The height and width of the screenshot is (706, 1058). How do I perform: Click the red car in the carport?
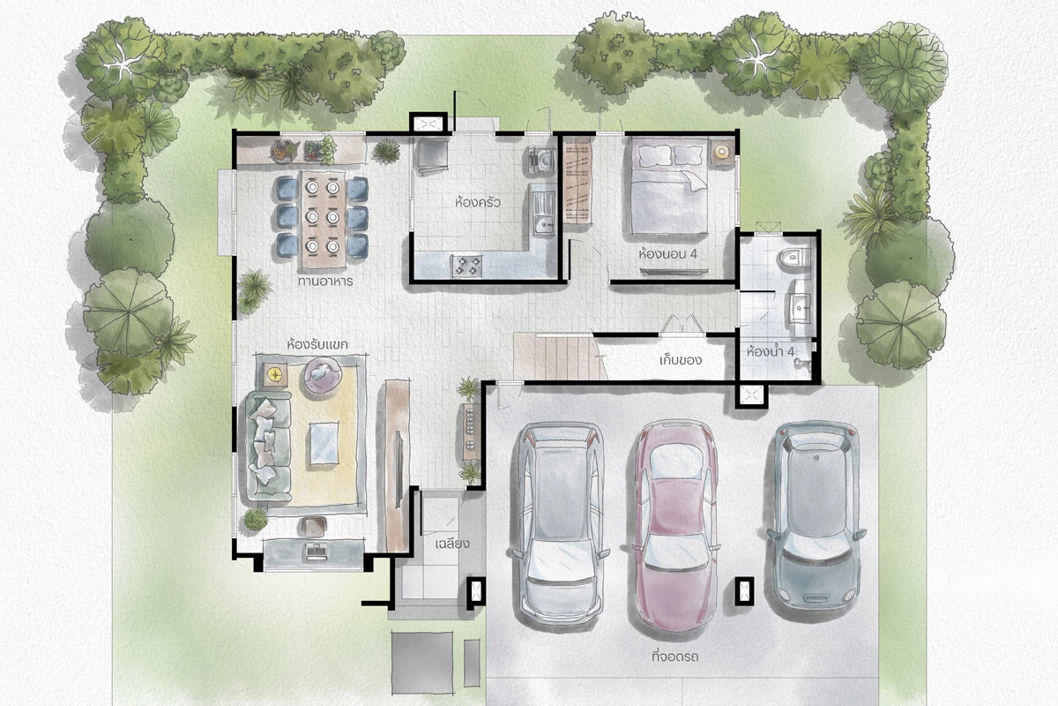[676, 526]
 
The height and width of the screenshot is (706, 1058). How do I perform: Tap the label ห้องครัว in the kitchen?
[478, 203]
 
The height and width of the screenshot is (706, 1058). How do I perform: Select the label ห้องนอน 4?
[667, 254]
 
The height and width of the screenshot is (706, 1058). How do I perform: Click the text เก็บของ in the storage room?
[680, 360]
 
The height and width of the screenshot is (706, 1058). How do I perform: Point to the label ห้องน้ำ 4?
[771, 352]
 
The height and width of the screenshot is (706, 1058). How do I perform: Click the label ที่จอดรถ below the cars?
[674, 657]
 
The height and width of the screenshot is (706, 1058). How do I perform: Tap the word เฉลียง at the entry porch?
[452, 544]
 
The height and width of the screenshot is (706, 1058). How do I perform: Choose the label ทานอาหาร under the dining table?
[325, 282]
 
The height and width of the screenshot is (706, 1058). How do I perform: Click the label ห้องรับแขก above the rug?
[317, 344]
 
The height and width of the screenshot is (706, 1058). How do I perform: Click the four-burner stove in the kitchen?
[467, 266]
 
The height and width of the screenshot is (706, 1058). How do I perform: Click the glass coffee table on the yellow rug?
[324, 444]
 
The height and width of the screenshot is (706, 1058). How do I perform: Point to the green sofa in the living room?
[267, 447]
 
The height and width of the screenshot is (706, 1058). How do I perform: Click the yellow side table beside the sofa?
[275, 374]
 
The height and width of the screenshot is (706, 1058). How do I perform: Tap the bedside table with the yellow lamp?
[722, 152]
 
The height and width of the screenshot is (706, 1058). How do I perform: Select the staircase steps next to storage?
[560, 357]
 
